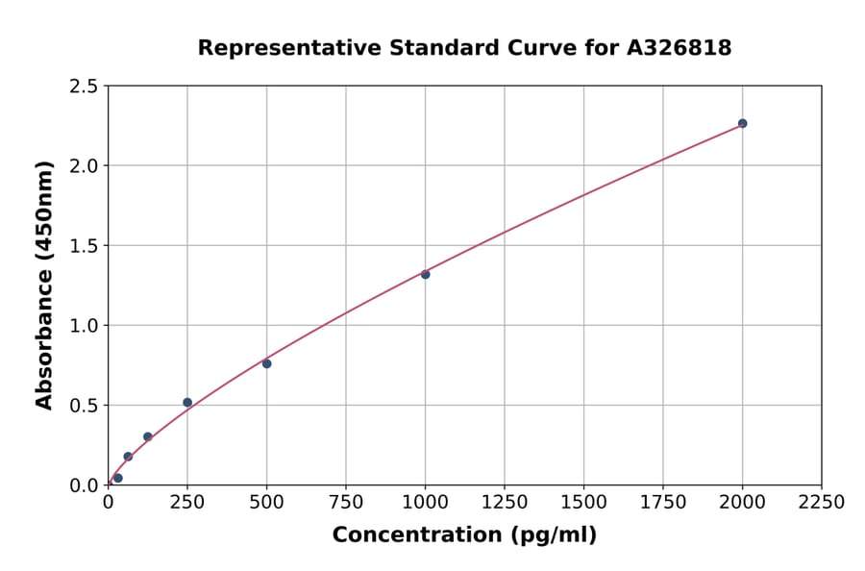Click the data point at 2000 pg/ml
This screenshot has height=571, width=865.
[742, 123]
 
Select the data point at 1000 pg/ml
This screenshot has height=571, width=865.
[425, 274]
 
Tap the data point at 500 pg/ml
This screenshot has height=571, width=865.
[266, 363]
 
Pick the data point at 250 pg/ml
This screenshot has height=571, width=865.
[187, 403]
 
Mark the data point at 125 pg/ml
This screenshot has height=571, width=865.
[148, 436]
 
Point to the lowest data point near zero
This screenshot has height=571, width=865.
[118, 478]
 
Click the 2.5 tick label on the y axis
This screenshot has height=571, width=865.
[85, 87]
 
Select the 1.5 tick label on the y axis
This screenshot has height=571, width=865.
[85, 246]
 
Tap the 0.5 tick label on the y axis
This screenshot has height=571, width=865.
[85, 406]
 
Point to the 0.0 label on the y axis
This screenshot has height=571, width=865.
[85, 485]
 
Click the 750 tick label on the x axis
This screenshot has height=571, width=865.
[346, 502]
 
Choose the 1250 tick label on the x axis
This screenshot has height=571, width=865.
[505, 502]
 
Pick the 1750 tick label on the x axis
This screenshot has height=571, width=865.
[663, 502]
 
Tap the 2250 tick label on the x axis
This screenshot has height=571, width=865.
[822, 502]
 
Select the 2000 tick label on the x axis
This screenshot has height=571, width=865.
[742, 502]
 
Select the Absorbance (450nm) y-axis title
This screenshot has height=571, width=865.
[44, 285]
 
